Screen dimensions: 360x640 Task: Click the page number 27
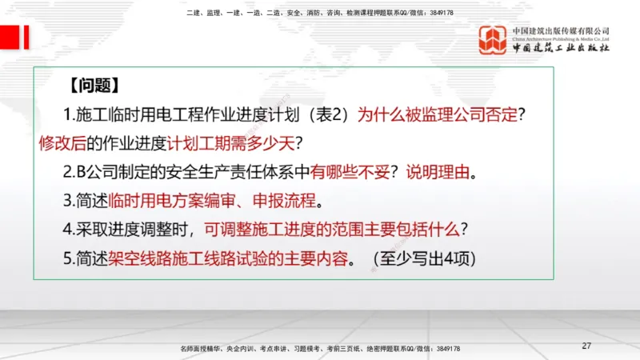click(x=586, y=346)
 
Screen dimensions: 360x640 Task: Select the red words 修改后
click(x=62, y=144)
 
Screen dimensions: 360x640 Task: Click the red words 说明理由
click(x=438, y=173)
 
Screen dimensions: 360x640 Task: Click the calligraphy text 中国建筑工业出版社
click(x=561, y=48)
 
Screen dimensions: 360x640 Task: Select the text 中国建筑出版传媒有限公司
click(x=561, y=30)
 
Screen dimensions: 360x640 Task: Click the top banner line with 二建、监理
click(x=319, y=13)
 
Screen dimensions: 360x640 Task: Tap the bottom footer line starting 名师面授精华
click(x=320, y=349)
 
